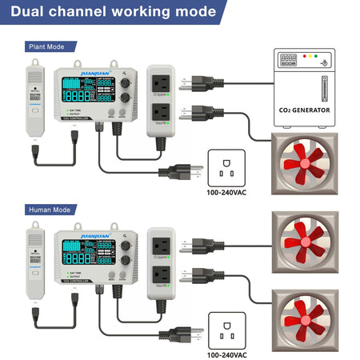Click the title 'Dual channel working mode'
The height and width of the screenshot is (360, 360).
coord(114,12)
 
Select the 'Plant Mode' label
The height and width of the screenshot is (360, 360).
coord(46,46)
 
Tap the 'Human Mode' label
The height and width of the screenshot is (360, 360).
coord(49,211)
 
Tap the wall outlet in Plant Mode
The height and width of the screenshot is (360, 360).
coord(226,168)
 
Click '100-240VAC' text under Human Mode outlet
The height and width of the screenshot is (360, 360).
coord(226,353)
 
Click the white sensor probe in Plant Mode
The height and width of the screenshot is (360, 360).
coord(34,100)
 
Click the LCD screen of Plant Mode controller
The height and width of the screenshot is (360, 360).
coord(86,90)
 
